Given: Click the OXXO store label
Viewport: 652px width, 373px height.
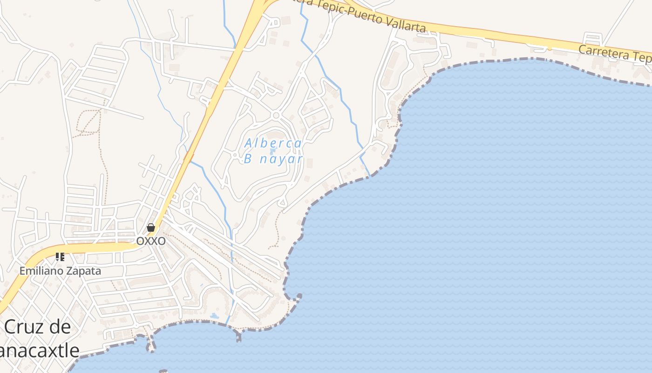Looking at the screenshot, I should pos(150,241).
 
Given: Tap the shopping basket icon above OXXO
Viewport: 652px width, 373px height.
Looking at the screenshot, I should pos(150,228).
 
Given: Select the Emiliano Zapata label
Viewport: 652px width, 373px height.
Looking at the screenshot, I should pos(60,271).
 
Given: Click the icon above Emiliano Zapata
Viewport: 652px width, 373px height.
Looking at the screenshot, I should pos(60,256).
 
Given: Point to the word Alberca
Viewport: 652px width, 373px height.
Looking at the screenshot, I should pos(273,143).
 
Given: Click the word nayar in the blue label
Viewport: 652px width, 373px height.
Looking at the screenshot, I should pos(281,159).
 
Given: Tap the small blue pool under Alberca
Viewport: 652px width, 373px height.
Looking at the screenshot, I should pos(273,151).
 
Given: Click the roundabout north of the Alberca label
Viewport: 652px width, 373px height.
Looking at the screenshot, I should pos(276,115).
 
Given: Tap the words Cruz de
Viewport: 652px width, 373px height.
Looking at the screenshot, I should pos(38,327).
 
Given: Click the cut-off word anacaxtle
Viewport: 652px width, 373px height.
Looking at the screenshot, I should pos(40,350).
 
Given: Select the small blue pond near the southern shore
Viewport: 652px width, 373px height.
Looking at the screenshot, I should pos(214,316).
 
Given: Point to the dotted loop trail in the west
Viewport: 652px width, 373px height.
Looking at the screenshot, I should pos(88,122).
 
